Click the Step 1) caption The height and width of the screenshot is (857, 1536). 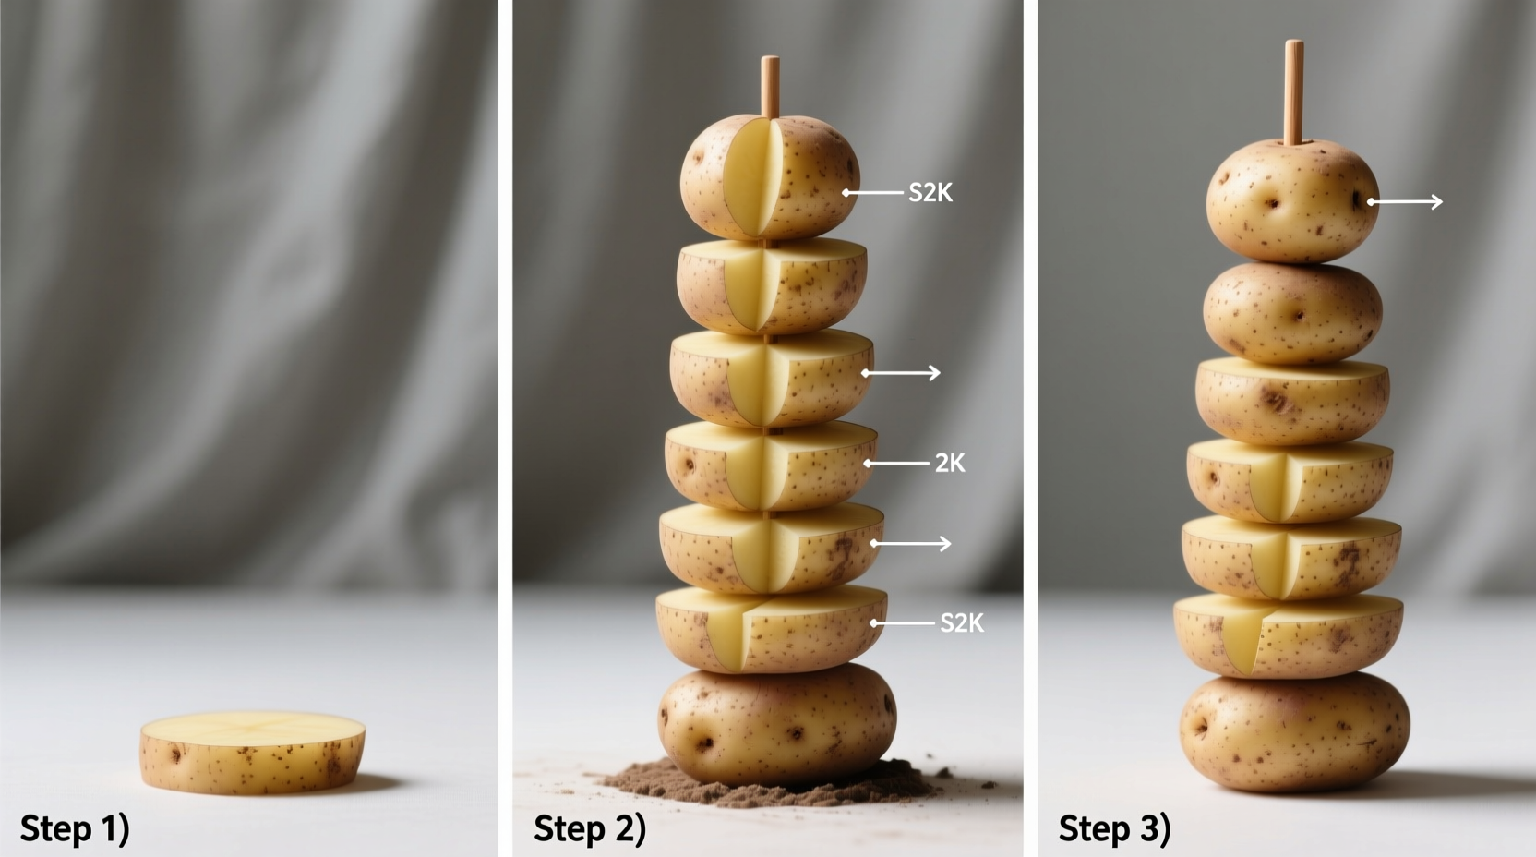pyautogui.click(x=75, y=827)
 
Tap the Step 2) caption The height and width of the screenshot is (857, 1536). pyautogui.click(x=589, y=827)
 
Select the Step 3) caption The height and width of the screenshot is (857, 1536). pyautogui.click(x=1113, y=827)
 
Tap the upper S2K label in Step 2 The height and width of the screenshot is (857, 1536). pyautogui.click(x=930, y=192)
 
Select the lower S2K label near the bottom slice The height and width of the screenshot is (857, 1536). pyautogui.click(x=961, y=623)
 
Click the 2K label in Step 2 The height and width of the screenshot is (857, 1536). pyautogui.click(x=949, y=463)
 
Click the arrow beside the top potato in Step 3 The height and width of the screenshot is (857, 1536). pyautogui.click(x=1405, y=201)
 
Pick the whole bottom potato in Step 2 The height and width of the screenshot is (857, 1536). pyautogui.click(x=776, y=724)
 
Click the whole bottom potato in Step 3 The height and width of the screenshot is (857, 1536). pyautogui.click(x=1294, y=732)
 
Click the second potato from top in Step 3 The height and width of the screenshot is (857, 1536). pyautogui.click(x=1292, y=312)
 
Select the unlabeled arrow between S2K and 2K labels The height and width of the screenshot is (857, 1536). pyautogui.click(x=901, y=373)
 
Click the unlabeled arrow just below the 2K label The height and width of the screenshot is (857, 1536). pyautogui.click(x=910, y=544)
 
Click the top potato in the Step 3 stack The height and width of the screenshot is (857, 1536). pyautogui.click(x=1291, y=201)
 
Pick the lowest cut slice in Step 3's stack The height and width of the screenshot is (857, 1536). pyautogui.click(x=1289, y=635)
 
